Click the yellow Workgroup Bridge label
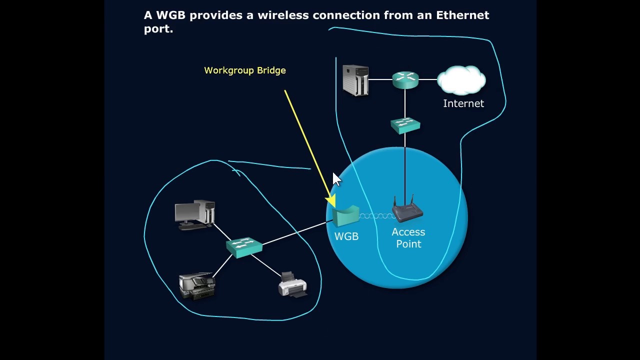click(245, 70)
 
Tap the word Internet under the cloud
click(463, 103)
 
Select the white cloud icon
click(461, 80)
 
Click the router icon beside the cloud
click(405, 79)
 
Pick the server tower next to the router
click(356, 80)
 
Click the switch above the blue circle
click(405, 125)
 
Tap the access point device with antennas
click(407, 210)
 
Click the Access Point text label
click(408, 238)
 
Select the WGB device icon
click(346, 216)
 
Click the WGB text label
click(346, 236)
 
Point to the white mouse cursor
click(336, 179)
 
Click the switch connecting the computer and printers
click(244, 246)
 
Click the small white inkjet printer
click(292, 285)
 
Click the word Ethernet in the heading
click(462, 15)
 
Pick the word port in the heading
click(156, 29)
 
